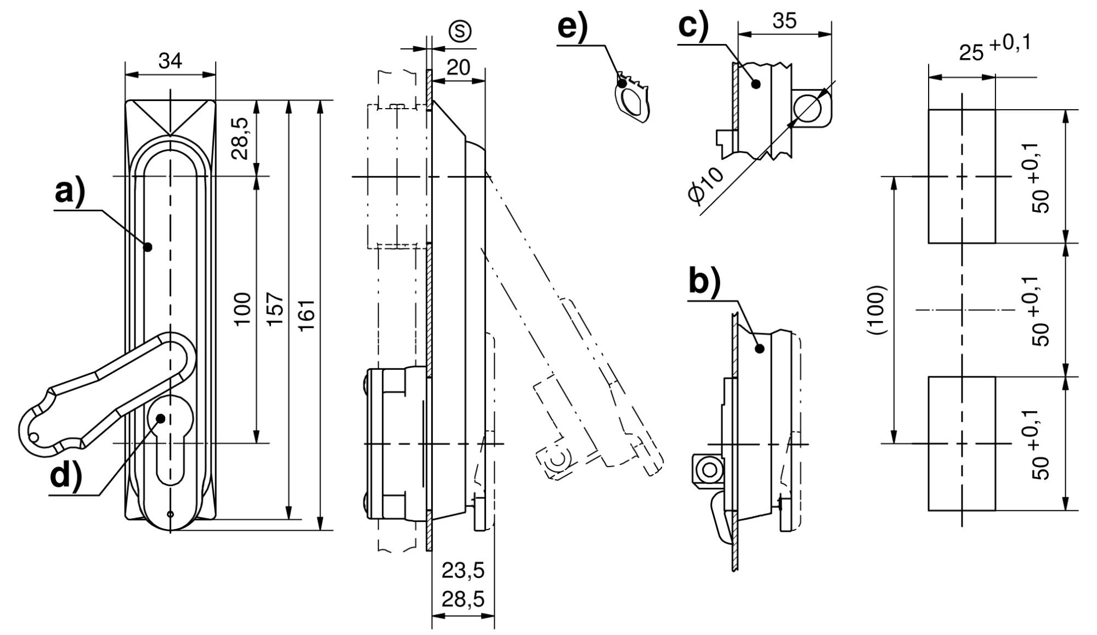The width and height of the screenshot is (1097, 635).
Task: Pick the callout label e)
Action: (x=572, y=27)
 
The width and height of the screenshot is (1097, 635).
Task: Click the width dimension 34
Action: (x=170, y=61)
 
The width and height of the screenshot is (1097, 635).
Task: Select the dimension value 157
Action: (x=276, y=309)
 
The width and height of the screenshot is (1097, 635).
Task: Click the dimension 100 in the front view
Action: (x=242, y=309)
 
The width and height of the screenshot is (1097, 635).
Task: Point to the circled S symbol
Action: (x=460, y=31)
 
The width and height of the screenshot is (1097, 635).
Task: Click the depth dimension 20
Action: (x=459, y=68)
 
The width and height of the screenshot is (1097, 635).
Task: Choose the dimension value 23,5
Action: (x=463, y=571)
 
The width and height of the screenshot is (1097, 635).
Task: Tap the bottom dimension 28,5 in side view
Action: (x=463, y=599)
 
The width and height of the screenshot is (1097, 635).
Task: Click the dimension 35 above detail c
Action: (x=784, y=21)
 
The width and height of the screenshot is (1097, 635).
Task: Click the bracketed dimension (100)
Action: (x=877, y=310)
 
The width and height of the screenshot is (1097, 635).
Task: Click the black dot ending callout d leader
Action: (x=161, y=418)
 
